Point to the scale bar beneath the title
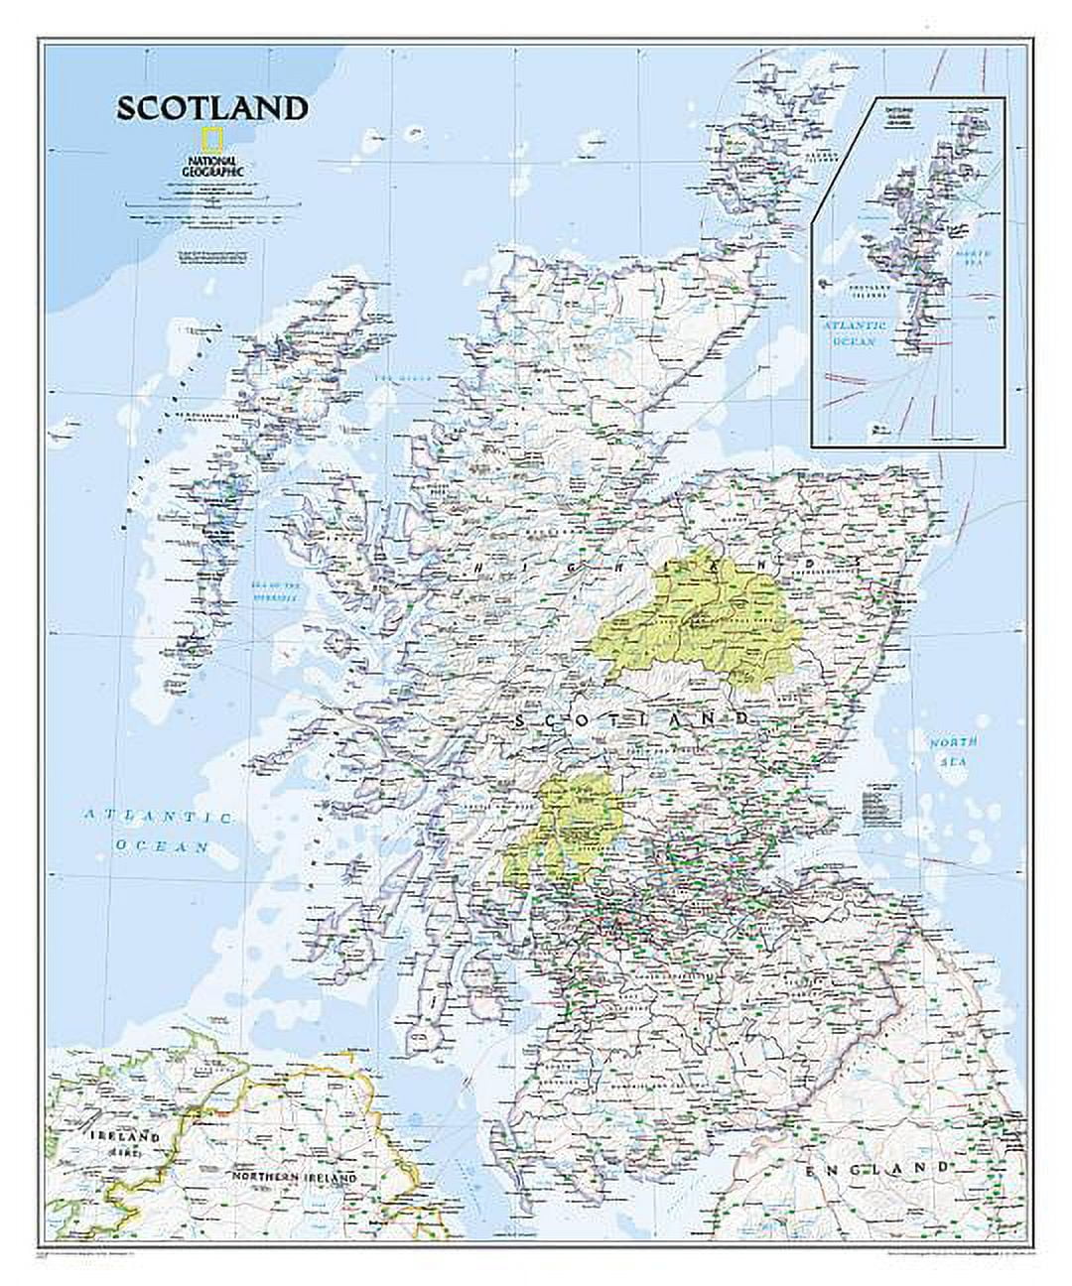pos(197,206)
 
